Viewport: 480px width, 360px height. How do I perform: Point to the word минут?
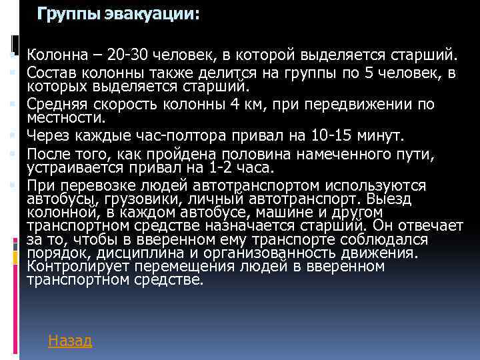[381, 137]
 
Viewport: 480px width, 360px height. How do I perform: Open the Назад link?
[70, 341]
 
